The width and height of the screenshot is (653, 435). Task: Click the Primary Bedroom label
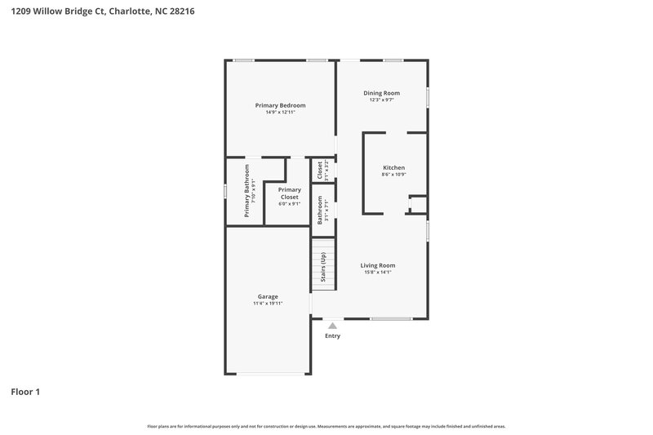[280, 105]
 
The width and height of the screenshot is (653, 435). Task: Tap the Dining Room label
[381, 93]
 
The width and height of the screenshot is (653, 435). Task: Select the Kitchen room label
[393, 167]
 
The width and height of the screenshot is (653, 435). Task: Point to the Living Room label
[378, 265]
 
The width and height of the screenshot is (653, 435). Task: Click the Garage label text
[268, 296]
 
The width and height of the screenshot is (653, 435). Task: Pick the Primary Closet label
[289, 193]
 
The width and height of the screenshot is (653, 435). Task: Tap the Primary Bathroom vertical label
[247, 191]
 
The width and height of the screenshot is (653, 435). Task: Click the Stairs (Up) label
[323, 266]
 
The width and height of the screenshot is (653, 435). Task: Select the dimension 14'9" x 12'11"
[280, 113]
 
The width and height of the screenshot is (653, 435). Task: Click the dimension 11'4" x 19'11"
[268, 304]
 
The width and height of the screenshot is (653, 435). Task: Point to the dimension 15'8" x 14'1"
[378, 273]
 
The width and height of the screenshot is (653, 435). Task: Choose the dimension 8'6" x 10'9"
[393, 175]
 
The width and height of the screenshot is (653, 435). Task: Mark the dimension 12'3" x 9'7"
[381, 100]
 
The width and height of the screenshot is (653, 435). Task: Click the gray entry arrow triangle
[332, 326]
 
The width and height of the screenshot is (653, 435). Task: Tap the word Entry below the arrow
[332, 335]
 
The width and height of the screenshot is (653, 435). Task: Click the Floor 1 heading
[25, 392]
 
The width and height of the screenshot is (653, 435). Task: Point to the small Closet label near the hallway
[319, 170]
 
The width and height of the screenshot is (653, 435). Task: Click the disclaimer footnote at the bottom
[326, 426]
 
